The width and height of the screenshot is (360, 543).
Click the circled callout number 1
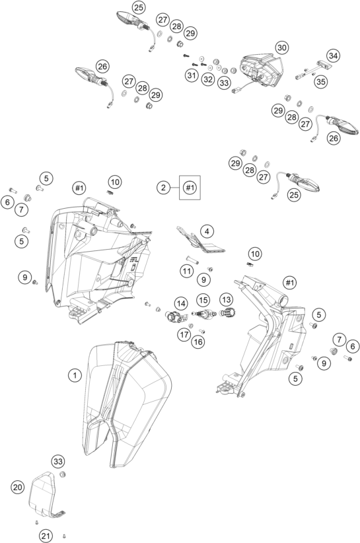click(75, 375)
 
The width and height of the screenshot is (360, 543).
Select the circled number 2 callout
click(162, 188)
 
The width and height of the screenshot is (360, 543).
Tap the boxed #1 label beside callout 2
click(190, 188)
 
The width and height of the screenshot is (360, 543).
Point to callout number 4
click(207, 231)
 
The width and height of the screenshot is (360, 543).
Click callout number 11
click(188, 270)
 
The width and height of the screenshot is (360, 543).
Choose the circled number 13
click(227, 300)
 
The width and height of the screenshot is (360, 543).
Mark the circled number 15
click(202, 300)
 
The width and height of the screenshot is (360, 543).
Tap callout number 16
click(198, 341)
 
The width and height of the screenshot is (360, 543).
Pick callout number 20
click(18, 486)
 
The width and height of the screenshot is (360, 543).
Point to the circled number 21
click(45, 535)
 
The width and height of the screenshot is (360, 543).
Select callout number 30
click(282, 48)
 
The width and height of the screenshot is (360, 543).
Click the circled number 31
click(192, 76)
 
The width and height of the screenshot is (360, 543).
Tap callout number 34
click(333, 56)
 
